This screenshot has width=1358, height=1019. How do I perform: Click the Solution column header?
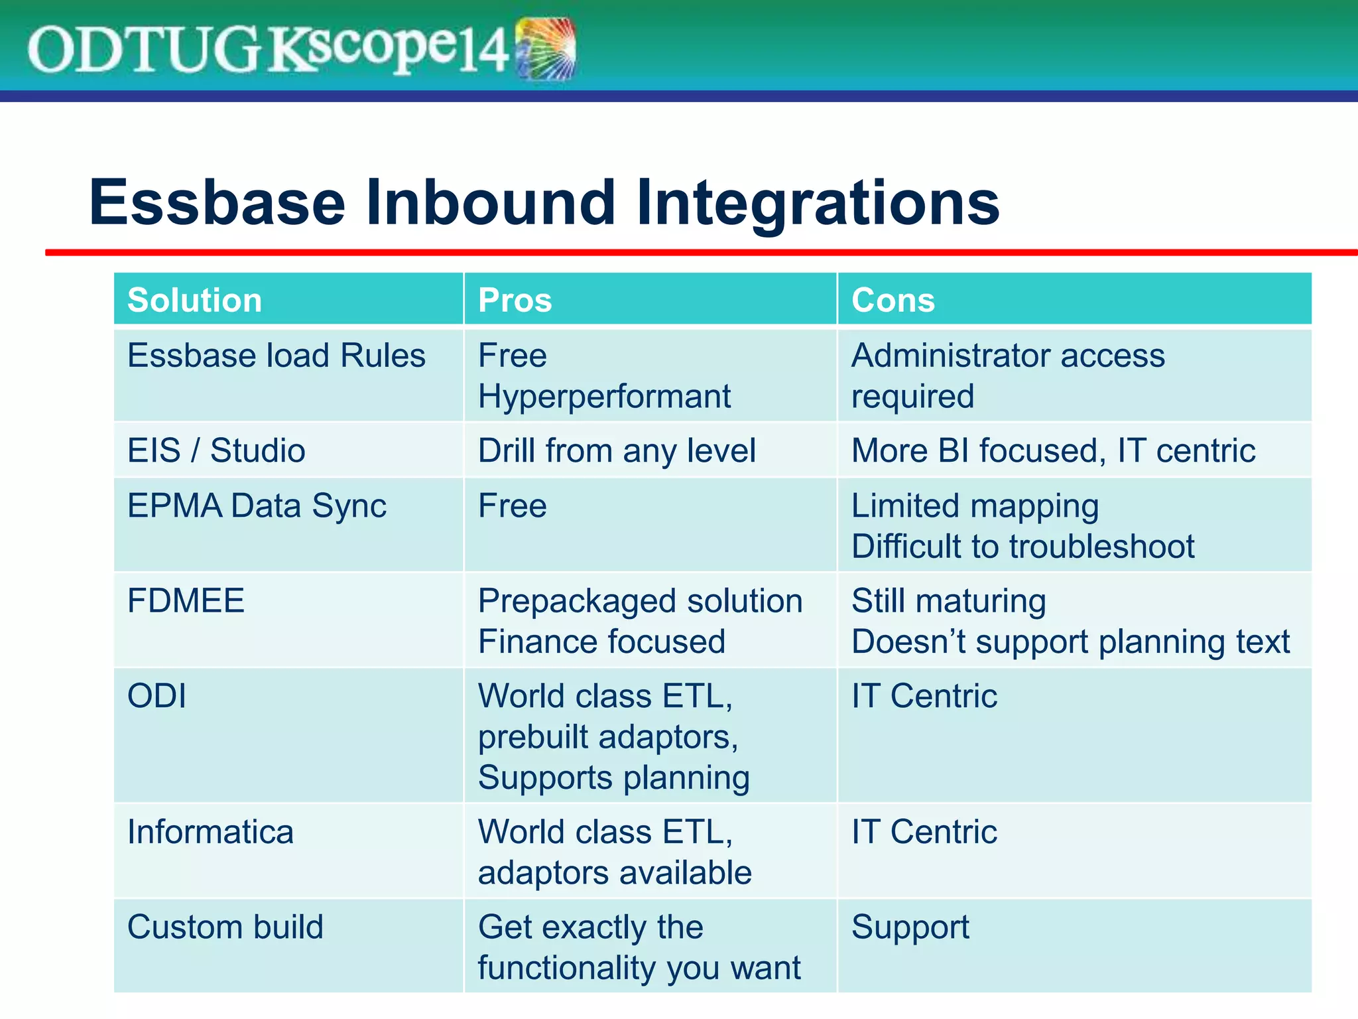point(194,300)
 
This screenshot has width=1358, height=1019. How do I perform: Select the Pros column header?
point(515,300)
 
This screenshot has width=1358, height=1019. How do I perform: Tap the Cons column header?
point(893,300)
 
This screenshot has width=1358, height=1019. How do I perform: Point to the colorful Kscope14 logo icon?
point(545,49)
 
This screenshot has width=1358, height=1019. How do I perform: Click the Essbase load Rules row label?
point(276,356)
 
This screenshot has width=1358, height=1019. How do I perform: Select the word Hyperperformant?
point(604,397)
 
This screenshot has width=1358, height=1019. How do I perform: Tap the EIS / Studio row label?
point(216,450)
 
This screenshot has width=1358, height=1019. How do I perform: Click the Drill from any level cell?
point(617,450)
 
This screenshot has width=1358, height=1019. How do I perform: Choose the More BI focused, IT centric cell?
point(1053,450)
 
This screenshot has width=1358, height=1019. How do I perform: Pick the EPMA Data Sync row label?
point(257,506)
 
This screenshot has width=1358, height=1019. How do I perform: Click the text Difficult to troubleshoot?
point(1022,547)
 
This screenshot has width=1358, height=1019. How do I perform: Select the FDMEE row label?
point(186,601)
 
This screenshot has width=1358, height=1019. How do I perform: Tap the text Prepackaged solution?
point(640,601)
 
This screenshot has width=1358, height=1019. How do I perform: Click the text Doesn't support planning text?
point(1070,642)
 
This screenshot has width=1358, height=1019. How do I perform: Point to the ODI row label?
point(156,697)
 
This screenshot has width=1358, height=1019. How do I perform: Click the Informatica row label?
point(210,832)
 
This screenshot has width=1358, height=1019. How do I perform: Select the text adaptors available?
point(615,873)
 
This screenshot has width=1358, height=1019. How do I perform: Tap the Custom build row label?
point(225,927)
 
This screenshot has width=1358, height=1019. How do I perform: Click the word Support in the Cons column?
point(910,927)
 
